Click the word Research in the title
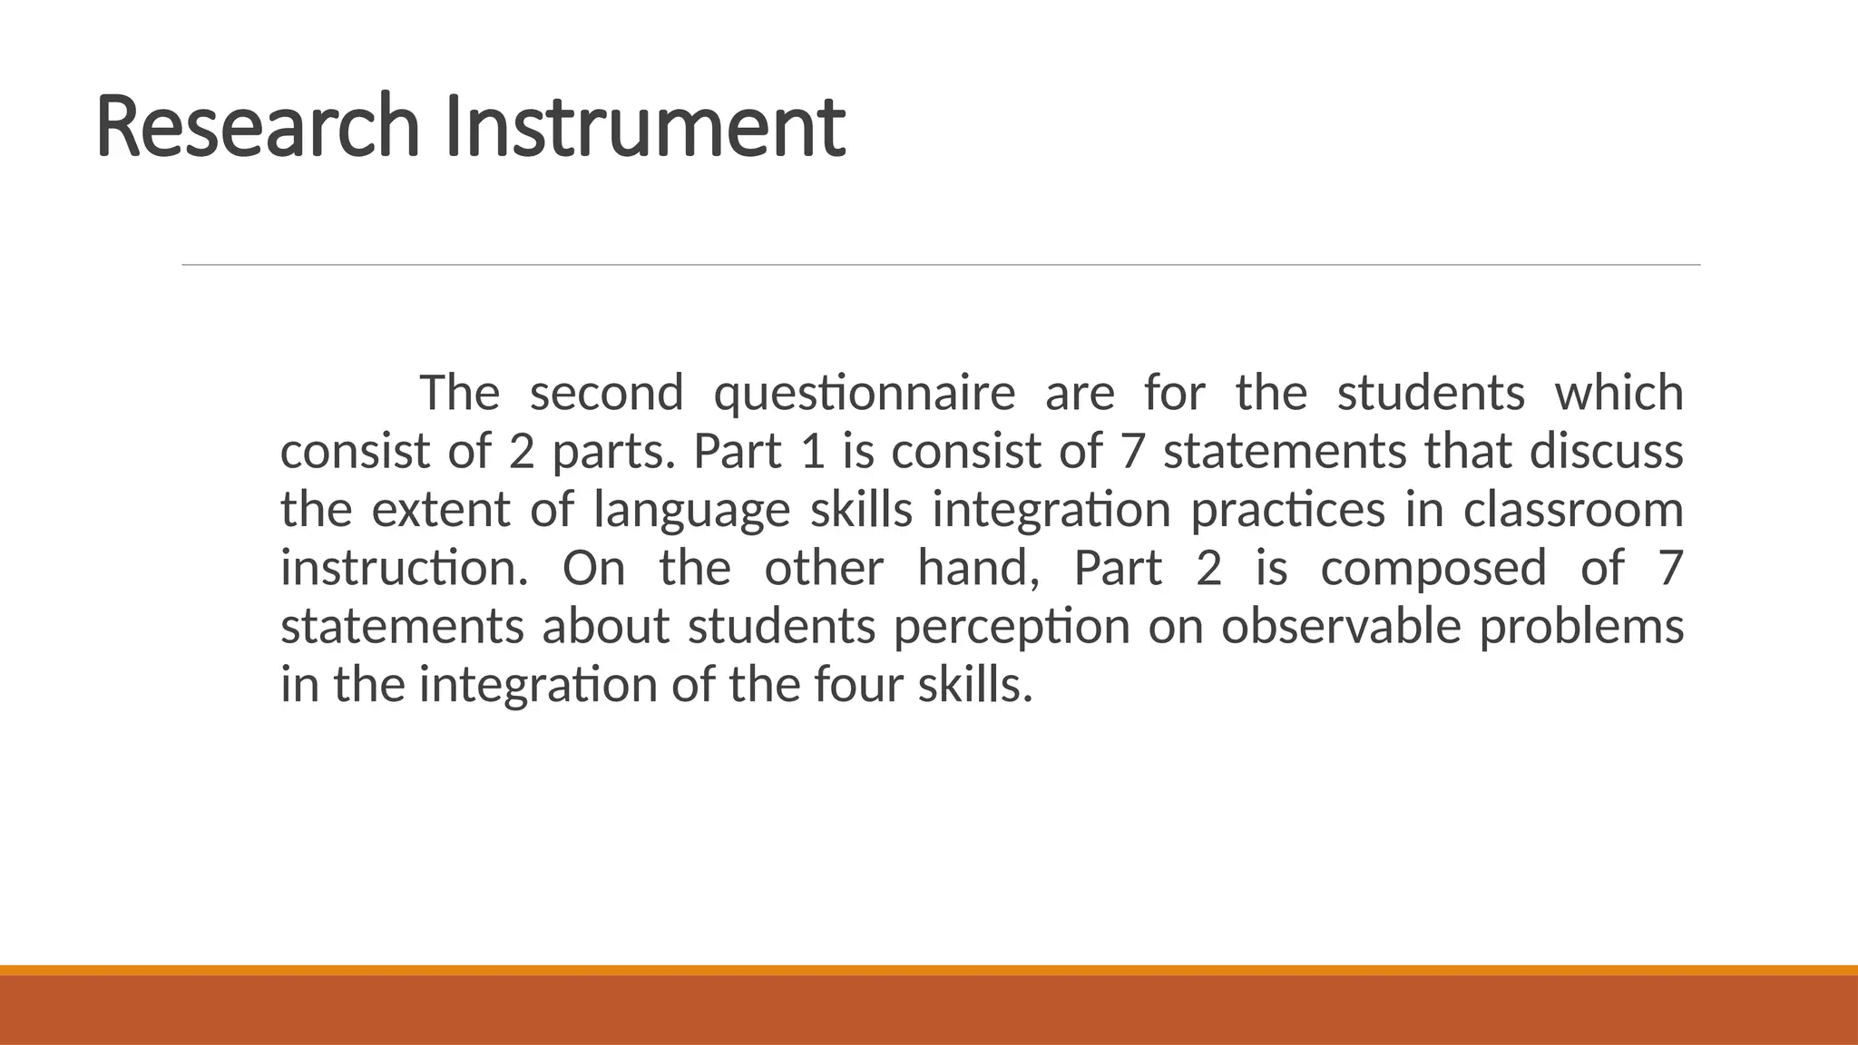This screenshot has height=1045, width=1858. click(x=257, y=126)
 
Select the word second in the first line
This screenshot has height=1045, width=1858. click(x=606, y=394)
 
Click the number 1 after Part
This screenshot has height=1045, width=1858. click(x=814, y=452)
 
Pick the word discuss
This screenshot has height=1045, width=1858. click(x=1606, y=452)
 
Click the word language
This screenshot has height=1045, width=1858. click(x=691, y=511)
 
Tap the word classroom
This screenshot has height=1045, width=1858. click(x=1573, y=510)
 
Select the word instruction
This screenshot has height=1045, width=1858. click(x=404, y=569)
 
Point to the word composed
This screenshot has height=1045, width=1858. click(x=1433, y=569)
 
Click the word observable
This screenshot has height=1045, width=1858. click(x=1341, y=627)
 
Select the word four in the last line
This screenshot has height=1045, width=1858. click(x=858, y=685)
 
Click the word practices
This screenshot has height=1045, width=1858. click(x=1287, y=511)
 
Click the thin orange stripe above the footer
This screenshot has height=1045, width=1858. click(x=929, y=970)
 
